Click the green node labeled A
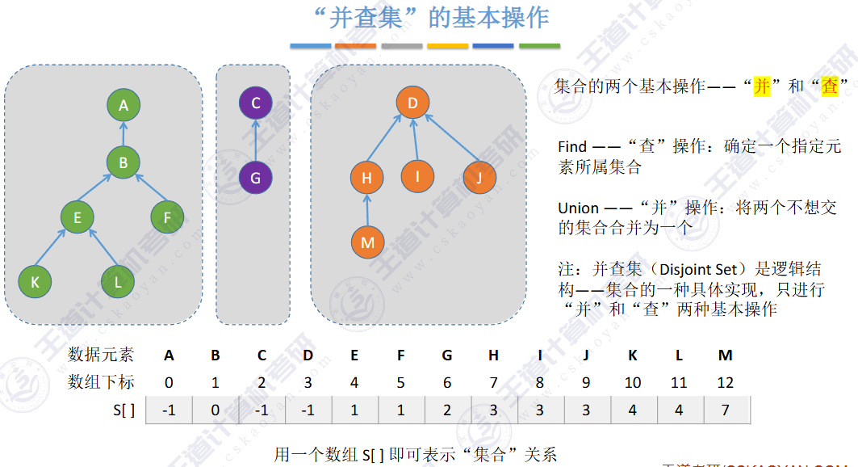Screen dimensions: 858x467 pos(123,105)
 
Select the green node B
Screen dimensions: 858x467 pos(123,162)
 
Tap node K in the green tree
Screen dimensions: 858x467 pos(35,281)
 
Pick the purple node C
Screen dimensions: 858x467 pos(255,103)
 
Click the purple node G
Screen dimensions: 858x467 pos(255,178)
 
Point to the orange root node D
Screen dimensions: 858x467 pos(412,103)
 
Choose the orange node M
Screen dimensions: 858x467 pos(367,242)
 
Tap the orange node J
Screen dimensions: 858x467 pos(479,178)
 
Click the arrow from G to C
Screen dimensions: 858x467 pos(255,141)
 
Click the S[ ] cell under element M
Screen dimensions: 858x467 pos(726,410)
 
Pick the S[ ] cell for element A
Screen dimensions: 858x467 pos(169,410)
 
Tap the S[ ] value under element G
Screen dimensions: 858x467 pos(447,410)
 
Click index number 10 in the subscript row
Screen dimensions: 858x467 pos(632,381)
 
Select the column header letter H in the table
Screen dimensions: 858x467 pos(493,355)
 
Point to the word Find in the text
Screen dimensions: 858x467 pos(572,147)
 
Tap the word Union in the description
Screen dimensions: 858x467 pos(578,208)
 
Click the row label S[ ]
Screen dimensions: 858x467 pos(125,410)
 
